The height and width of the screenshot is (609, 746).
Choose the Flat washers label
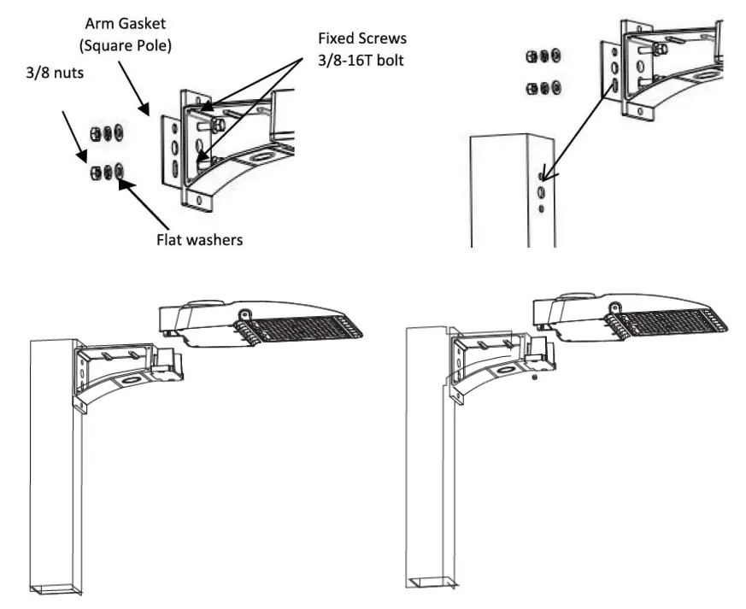(198, 239)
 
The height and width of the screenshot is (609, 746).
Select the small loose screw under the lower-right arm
(534, 377)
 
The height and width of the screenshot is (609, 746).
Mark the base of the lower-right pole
(430, 583)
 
